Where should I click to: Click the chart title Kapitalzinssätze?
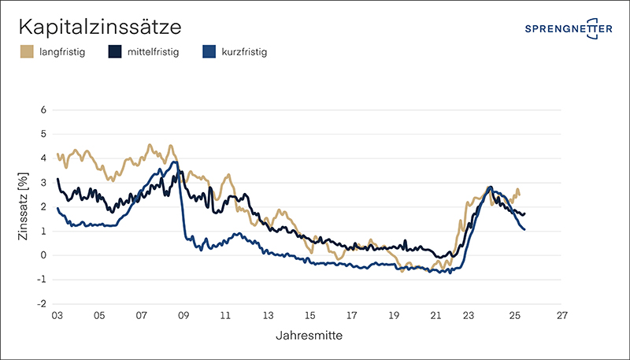tap(100, 28)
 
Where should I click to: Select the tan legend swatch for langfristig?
tap(26, 53)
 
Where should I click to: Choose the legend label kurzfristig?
tap(245, 53)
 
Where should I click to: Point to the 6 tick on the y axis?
tap(43, 109)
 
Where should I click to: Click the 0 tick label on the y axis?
tap(43, 255)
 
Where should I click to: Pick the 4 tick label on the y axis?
tap(43, 158)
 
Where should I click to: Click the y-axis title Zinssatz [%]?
tap(24, 206)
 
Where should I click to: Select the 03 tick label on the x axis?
tap(57, 316)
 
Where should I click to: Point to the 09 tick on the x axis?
tap(183, 316)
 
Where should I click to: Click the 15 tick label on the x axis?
tap(310, 316)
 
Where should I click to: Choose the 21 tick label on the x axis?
tap(437, 316)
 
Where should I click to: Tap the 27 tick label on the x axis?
tap(561, 316)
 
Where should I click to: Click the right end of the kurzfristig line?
tap(524, 229)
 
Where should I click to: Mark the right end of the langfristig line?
tap(519, 195)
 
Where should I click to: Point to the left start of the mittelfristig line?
tap(57, 180)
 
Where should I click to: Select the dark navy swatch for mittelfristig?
tap(114, 53)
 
